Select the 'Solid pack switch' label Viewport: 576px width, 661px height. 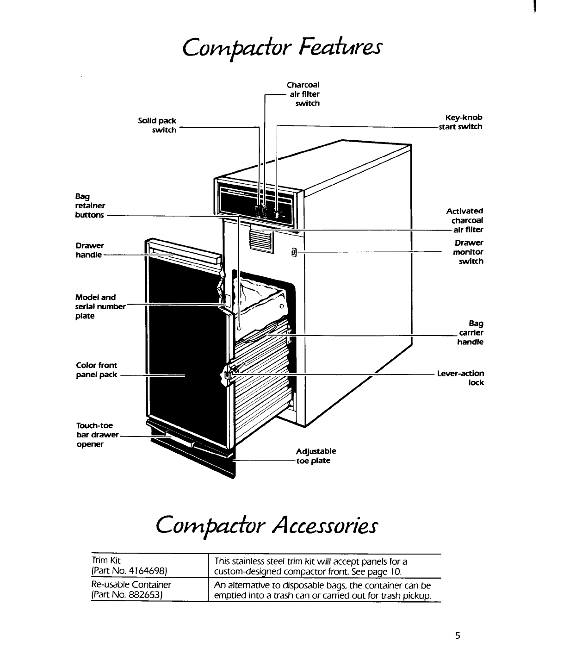coord(157,125)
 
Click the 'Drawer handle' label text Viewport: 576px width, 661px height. coord(90,250)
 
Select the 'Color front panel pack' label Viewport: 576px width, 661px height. coord(97,370)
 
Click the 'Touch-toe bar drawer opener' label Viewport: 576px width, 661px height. coord(97,435)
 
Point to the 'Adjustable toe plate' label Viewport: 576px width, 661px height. coord(316,456)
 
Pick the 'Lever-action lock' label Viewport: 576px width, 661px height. coord(461,378)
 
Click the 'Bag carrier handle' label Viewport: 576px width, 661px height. coord(471,332)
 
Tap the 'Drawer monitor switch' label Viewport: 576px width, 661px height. coord(468,252)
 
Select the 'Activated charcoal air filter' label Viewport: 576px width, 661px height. coord(465,220)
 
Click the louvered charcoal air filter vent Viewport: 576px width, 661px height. coord(262,237)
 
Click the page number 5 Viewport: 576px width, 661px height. coord(458,636)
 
